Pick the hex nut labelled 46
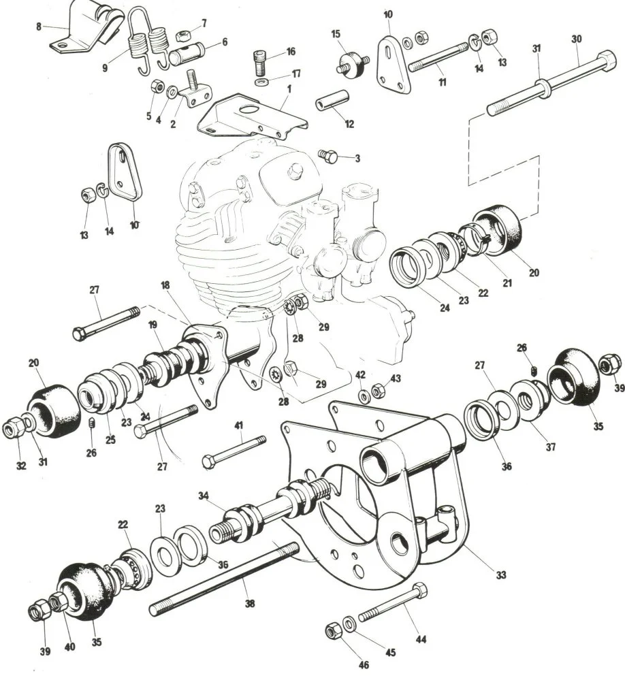coord(332,631)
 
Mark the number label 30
coord(576,39)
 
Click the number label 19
coord(150,325)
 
